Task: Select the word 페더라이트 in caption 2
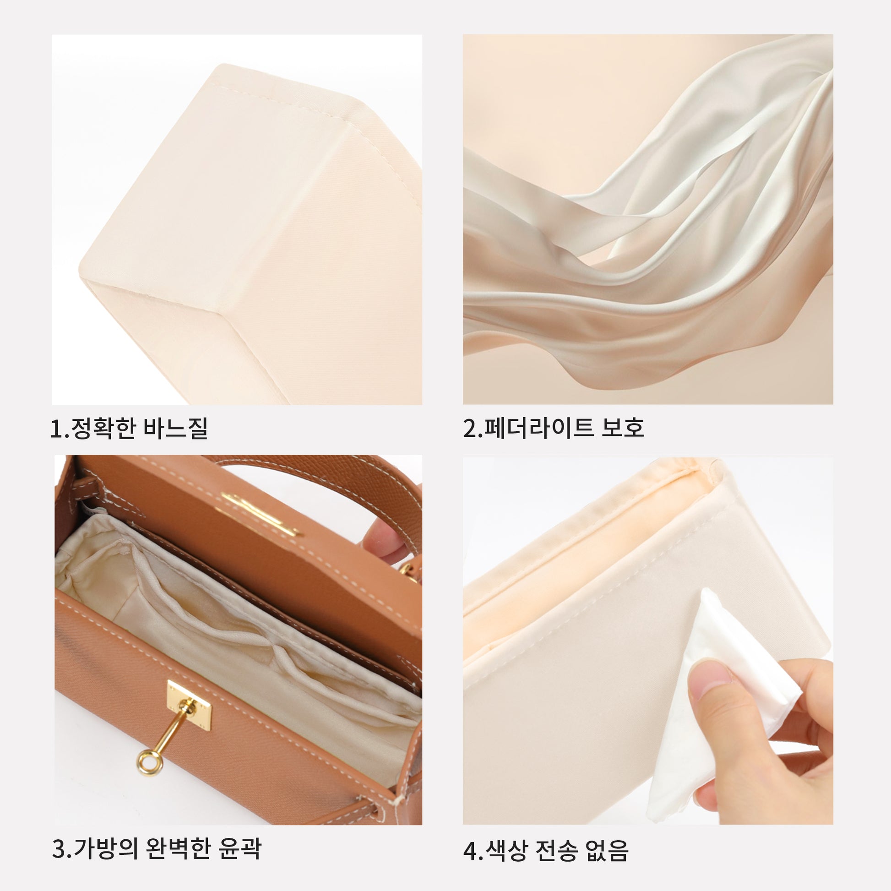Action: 538,428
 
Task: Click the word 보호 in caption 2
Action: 623,428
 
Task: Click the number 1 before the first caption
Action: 56,429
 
